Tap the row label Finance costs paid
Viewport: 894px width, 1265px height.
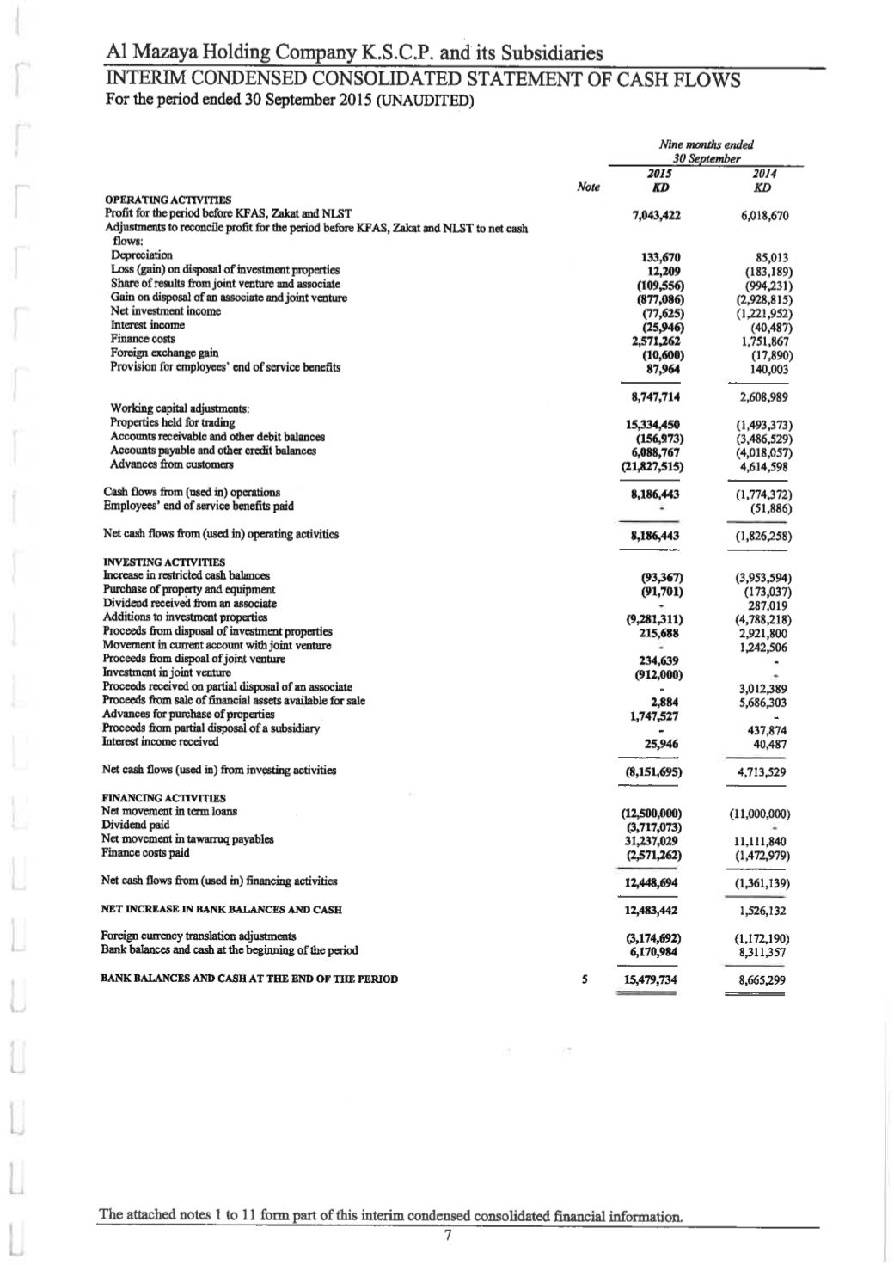(x=144, y=853)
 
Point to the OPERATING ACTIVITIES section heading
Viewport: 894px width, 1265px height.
(x=155, y=200)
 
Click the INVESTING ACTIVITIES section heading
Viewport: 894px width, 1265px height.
(x=151, y=562)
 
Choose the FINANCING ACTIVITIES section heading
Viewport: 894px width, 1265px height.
(x=151, y=798)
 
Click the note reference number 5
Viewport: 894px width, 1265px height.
(x=585, y=979)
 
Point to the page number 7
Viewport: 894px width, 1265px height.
(x=447, y=1236)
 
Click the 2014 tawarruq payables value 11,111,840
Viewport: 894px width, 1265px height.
(x=760, y=841)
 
